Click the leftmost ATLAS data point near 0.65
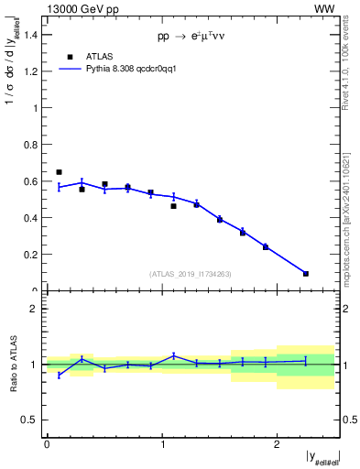(x=59, y=172)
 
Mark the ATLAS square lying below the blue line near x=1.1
(x=173, y=206)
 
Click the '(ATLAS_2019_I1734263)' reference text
(x=191, y=274)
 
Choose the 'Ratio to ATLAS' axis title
(x=13, y=364)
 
